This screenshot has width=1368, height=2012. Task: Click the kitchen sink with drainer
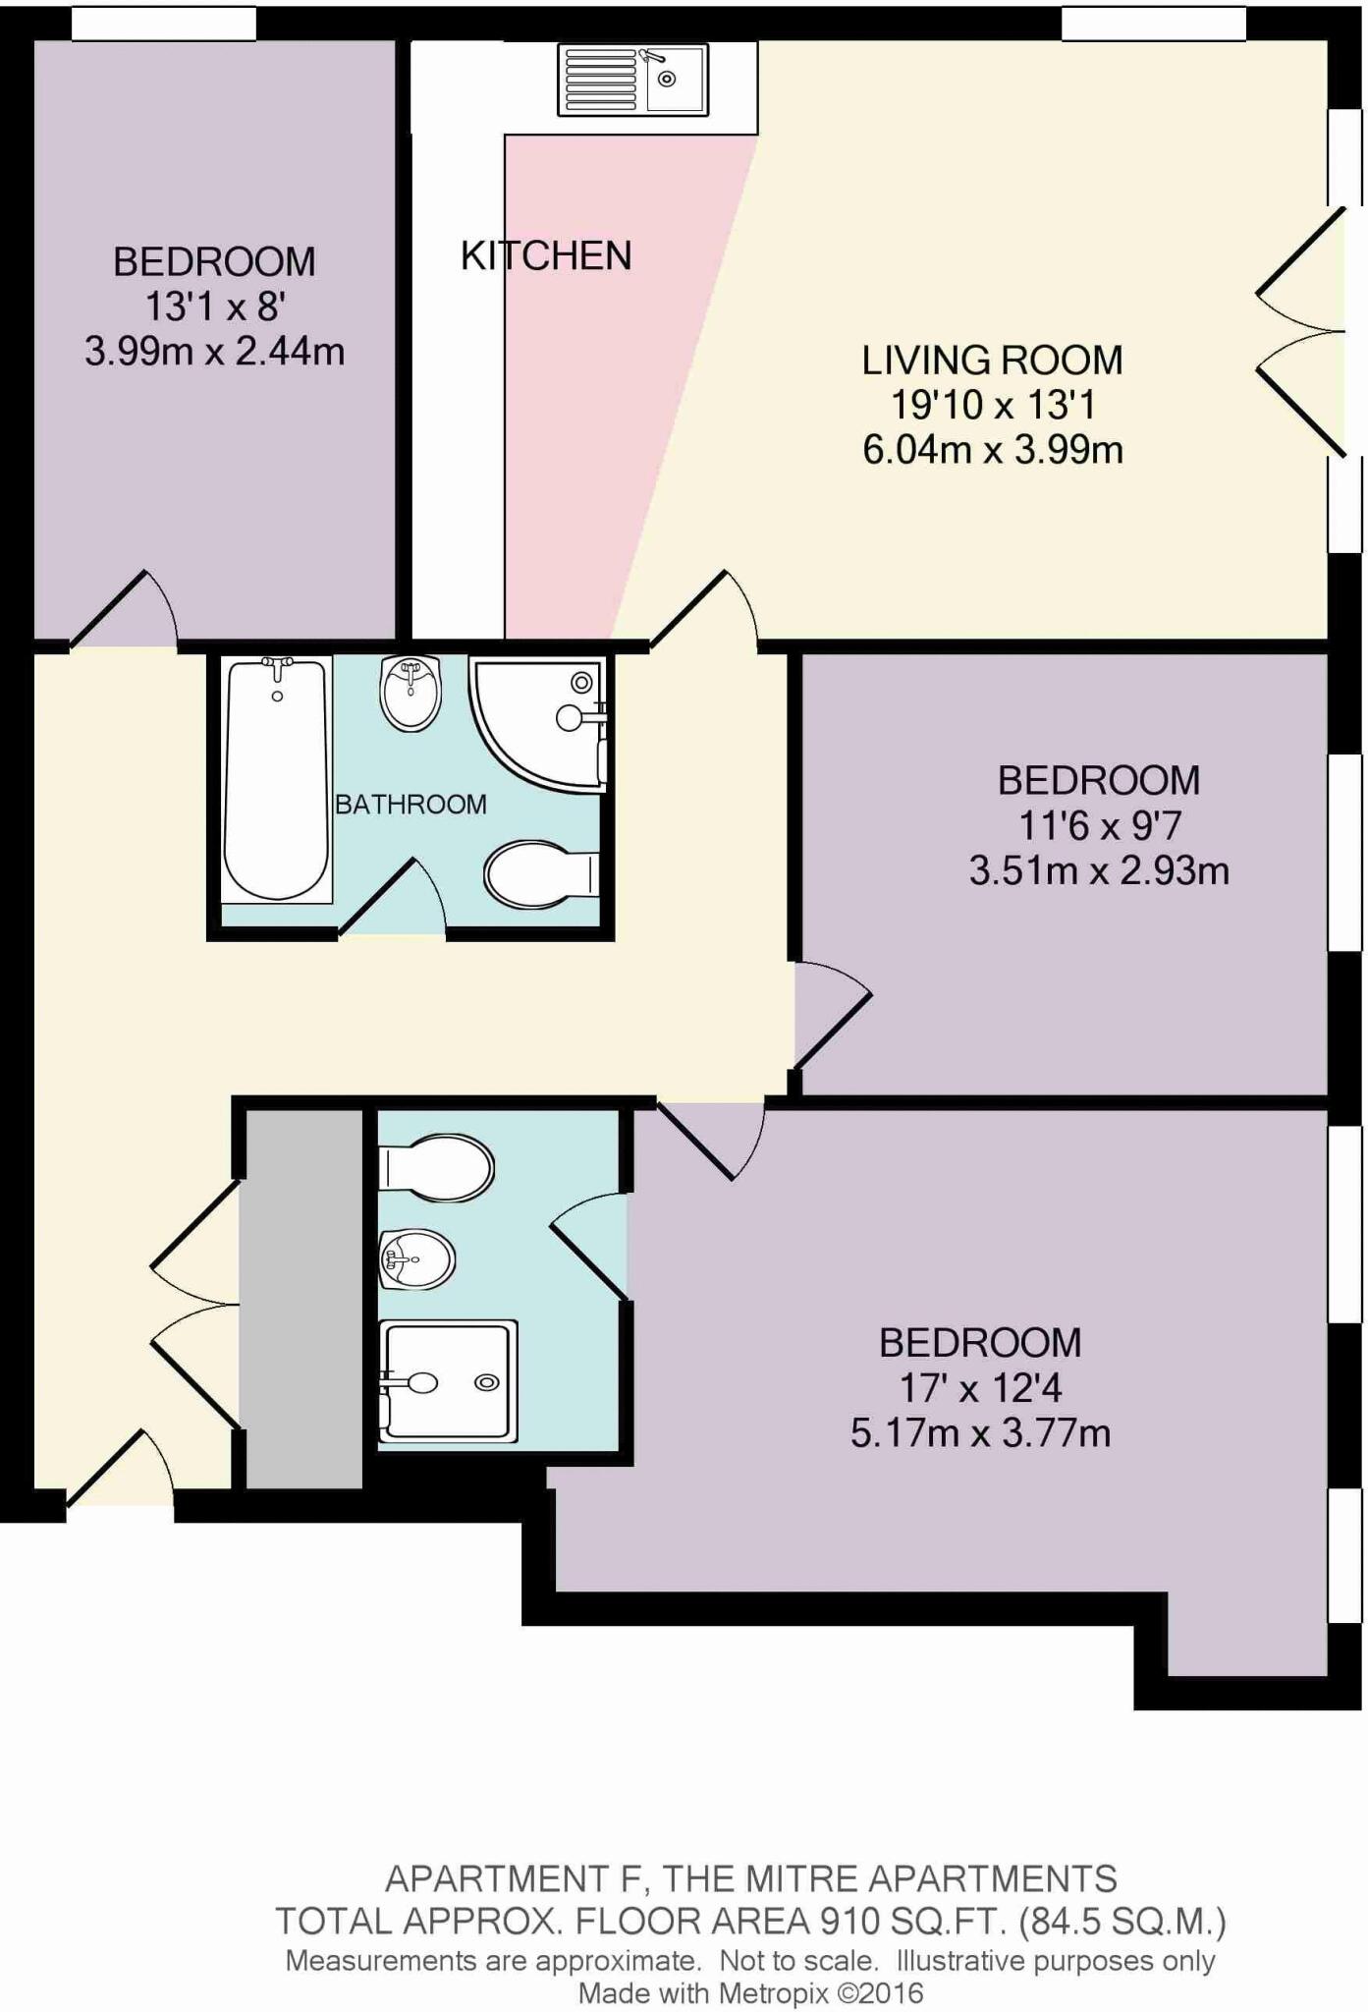[632, 80]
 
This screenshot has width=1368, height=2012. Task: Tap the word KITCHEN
[546, 256]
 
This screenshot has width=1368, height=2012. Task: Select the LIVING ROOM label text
[992, 361]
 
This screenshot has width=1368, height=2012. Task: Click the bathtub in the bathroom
[276, 779]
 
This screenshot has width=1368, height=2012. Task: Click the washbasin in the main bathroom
[410, 693]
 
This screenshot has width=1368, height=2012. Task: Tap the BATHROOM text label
[410, 805]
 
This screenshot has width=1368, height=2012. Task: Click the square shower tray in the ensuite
[448, 1380]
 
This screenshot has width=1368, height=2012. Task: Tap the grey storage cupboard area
[303, 1297]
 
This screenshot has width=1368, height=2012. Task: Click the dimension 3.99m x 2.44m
[214, 351]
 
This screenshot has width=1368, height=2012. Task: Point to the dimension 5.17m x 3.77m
[980, 1433]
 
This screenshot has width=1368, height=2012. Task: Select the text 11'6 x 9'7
[1098, 826]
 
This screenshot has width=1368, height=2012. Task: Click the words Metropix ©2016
[821, 1993]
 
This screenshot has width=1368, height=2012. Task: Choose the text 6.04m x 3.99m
[992, 450]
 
